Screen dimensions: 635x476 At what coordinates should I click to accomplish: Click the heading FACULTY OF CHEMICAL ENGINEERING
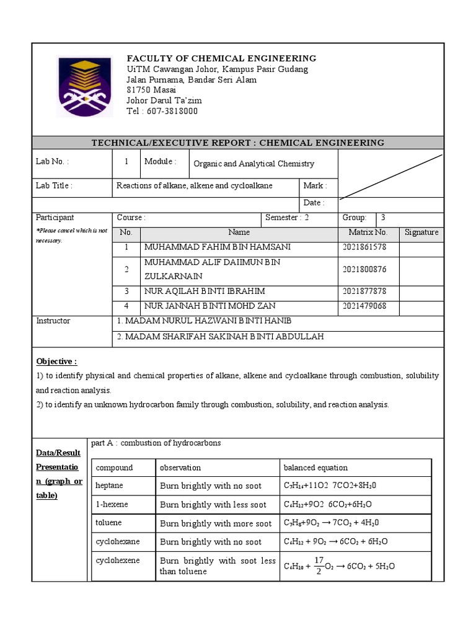pyautogui.click(x=221, y=58)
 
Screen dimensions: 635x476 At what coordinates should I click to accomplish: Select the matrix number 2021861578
pyautogui.click(x=364, y=247)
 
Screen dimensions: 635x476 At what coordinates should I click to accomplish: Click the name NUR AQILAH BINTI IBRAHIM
pyautogui.click(x=205, y=291)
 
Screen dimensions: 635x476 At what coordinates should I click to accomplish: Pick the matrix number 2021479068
pyautogui.click(x=364, y=306)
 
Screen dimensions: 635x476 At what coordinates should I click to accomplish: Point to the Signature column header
pyautogui.click(x=421, y=232)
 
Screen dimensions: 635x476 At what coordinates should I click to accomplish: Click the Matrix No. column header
pyautogui.click(x=368, y=232)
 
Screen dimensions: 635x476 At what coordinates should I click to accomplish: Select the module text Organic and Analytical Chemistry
pyautogui.click(x=253, y=164)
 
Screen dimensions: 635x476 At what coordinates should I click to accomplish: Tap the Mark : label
pyautogui.click(x=315, y=185)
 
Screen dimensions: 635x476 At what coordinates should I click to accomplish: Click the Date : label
pyautogui.click(x=314, y=203)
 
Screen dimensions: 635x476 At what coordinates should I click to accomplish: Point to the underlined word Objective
pyautogui.click(x=56, y=361)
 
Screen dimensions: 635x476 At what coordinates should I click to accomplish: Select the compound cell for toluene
pyautogui.click(x=108, y=523)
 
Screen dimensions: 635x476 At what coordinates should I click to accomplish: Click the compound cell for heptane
pyautogui.click(x=110, y=486)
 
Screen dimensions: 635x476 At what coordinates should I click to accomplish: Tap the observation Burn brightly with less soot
pyautogui.click(x=213, y=504)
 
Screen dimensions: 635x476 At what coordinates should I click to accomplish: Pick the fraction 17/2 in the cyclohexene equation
pyautogui.click(x=319, y=565)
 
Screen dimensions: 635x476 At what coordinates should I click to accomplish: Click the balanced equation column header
pyautogui.click(x=315, y=468)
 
